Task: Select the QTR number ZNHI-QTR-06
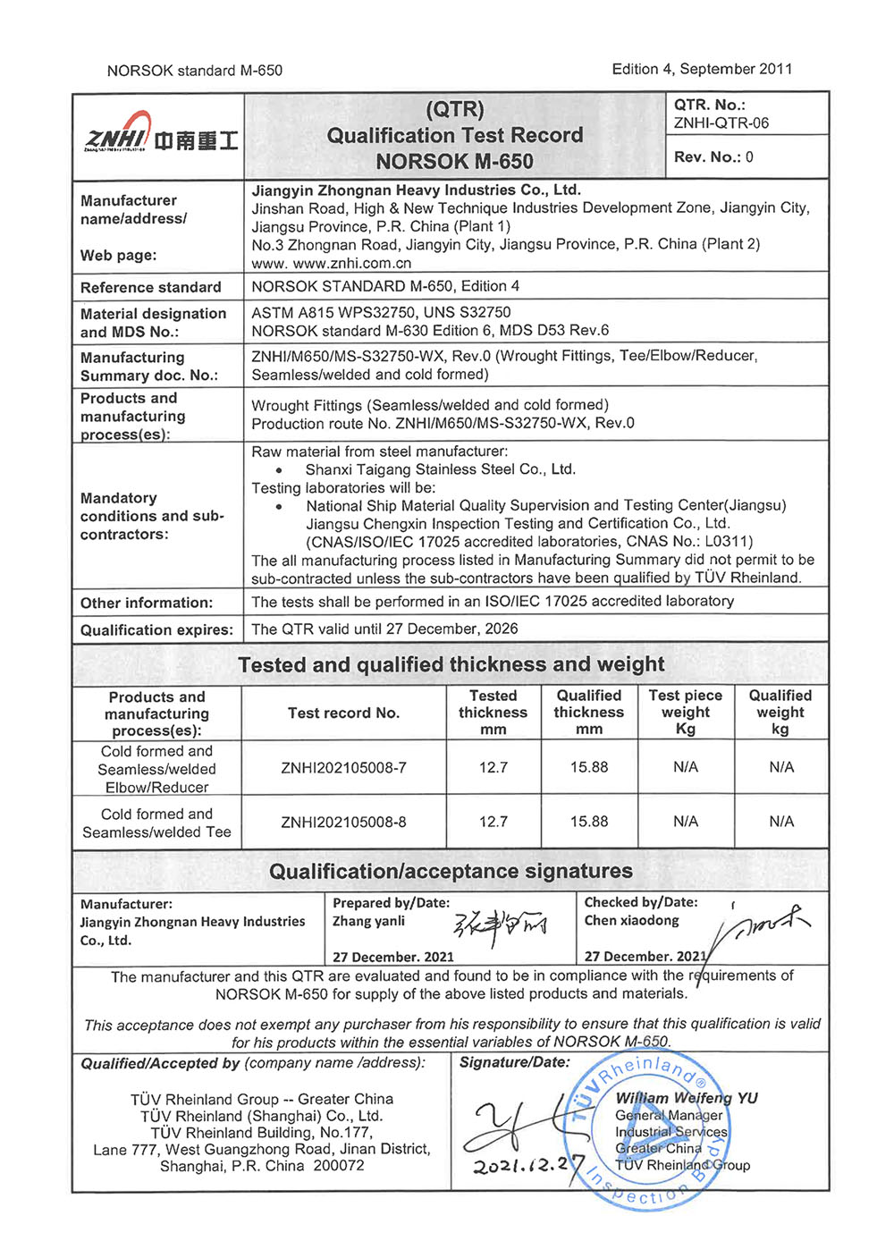721,123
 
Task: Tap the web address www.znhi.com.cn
352,263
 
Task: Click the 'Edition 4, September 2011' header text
702,69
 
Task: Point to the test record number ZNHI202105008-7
343,768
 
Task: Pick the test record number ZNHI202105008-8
343,822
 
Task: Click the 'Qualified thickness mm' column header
588,713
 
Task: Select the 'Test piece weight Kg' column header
686,713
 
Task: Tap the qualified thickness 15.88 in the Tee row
589,822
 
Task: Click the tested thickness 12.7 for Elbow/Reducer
493,767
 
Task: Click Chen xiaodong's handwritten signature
760,930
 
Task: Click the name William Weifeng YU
686,1098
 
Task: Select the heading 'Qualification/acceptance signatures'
451,871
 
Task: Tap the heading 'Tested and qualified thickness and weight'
451,664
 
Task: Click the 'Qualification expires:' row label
156,630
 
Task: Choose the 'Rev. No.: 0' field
713,157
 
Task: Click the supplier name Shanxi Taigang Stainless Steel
440,469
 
